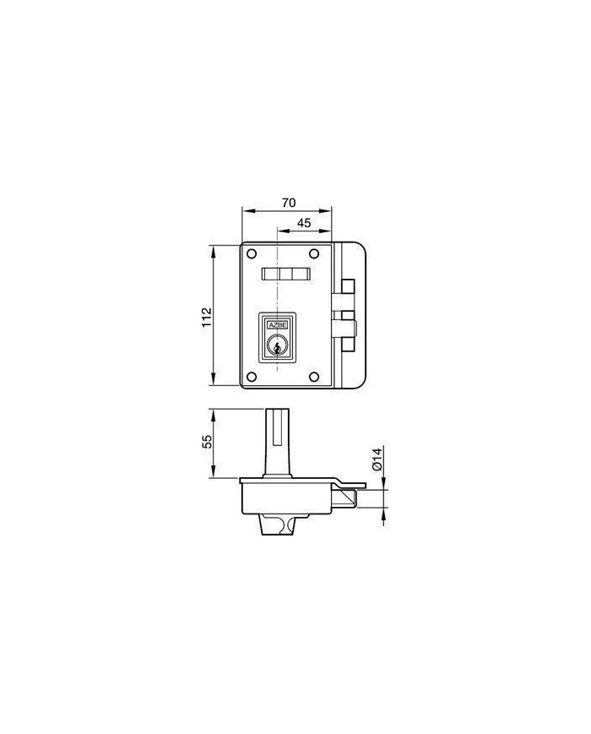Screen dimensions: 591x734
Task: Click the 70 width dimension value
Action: click(x=289, y=203)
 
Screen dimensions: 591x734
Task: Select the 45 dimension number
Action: click(x=304, y=223)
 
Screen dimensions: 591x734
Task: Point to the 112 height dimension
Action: click(x=208, y=317)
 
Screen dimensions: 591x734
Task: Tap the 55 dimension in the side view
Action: click(x=208, y=443)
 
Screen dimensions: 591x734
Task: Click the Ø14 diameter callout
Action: click(x=378, y=459)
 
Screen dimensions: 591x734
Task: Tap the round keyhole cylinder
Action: click(x=277, y=347)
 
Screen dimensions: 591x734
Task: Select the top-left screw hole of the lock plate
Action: click(x=252, y=253)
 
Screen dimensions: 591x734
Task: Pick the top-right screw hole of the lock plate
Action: click(x=314, y=253)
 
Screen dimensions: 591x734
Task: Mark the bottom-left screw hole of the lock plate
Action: click(x=252, y=376)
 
